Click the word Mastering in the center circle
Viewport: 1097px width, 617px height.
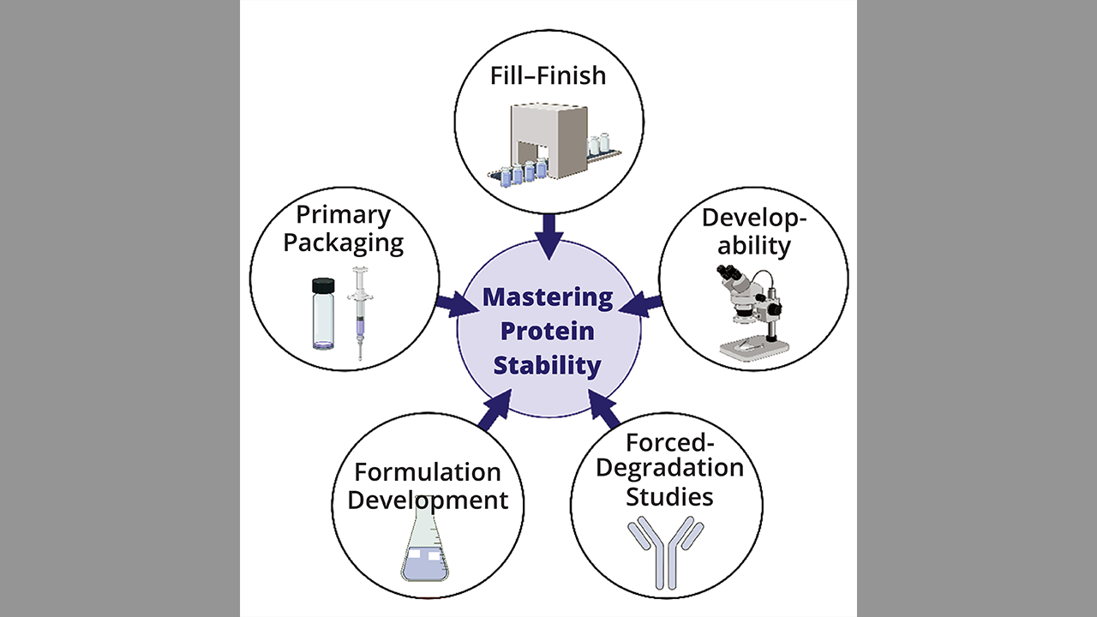tap(548, 298)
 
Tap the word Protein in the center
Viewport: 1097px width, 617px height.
tap(548, 332)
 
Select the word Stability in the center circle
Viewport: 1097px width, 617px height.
tap(548, 366)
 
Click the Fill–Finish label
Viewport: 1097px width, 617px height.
tap(548, 75)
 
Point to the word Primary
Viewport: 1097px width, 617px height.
tap(343, 214)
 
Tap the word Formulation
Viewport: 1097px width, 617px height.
tap(428, 472)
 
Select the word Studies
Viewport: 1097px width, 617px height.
tap(668, 496)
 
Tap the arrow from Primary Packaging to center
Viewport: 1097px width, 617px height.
tap(451, 304)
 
